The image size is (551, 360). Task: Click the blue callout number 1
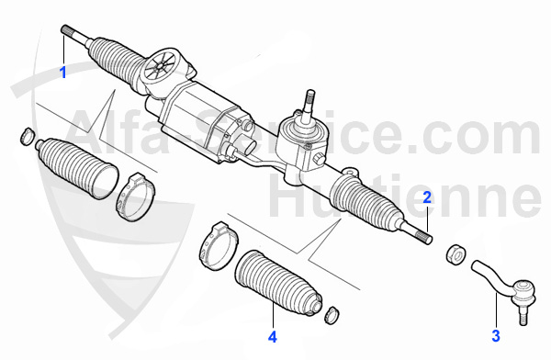(63, 73)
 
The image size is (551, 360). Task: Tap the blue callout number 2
(427, 197)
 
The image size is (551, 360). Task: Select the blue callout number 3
(496, 336)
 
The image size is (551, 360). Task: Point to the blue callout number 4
(273, 337)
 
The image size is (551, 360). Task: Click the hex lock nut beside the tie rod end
(455, 253)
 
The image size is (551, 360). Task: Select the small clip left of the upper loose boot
(27, 137)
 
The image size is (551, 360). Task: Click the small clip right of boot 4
(332, 315)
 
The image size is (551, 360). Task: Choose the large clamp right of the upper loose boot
(135, 197)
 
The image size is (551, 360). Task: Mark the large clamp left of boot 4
(218, 246)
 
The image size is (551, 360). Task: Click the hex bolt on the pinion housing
(318, 159)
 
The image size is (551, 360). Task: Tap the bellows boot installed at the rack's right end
(365, 199)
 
